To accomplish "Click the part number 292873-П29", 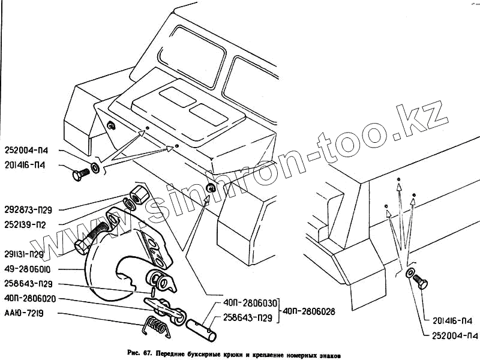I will click(28, 210).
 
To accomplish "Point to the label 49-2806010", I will click(28, 269).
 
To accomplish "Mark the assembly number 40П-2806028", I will click(310, 311).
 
